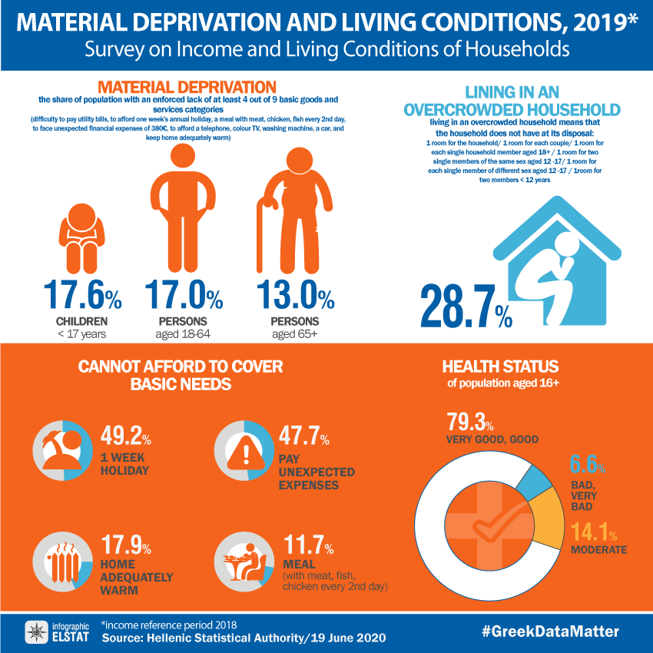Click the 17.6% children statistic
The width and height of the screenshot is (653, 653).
click(x=81, y=296)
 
